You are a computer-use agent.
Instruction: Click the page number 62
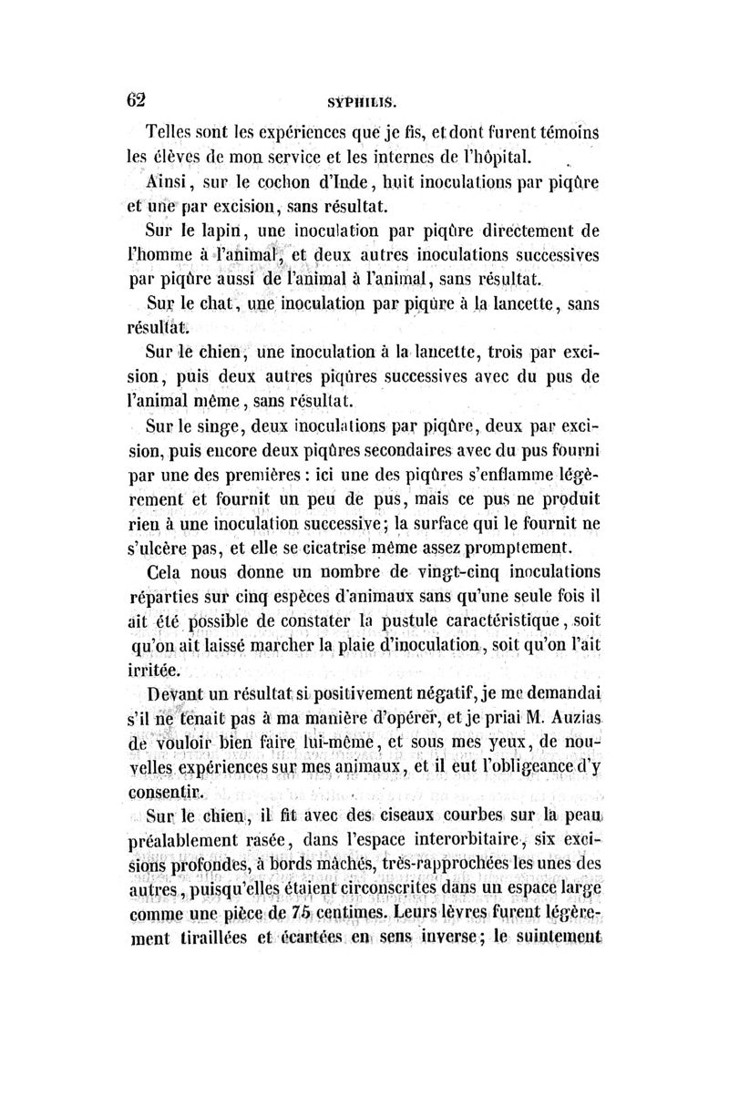coord(138,98)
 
